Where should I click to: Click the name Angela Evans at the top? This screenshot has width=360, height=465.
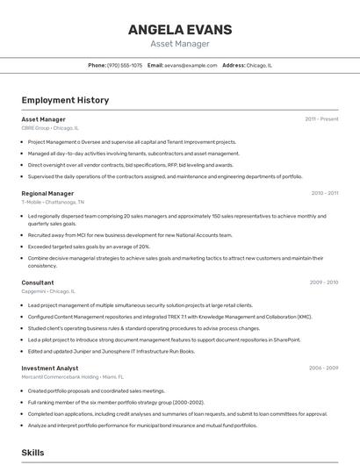(180, 30)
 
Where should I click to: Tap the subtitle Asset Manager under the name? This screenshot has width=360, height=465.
(180, 43)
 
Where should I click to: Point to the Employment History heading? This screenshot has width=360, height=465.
(65, 100)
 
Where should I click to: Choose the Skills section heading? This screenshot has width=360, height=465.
(32, 453)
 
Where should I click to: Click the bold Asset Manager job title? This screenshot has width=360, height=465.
(43, 118)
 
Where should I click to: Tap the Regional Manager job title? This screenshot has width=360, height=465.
(47, 193)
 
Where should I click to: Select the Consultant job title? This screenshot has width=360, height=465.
(38, 283)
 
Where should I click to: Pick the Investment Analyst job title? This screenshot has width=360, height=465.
(50, 369)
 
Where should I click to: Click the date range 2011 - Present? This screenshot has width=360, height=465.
(321, 118)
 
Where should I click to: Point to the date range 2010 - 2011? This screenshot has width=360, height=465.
(324, 193)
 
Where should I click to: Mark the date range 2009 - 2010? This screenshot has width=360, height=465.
(323, 283)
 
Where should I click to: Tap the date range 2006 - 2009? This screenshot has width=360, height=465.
(323, 369)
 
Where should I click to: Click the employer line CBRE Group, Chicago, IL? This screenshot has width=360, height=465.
(50, 128)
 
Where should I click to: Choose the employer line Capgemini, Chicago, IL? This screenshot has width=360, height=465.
(48, 291)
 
